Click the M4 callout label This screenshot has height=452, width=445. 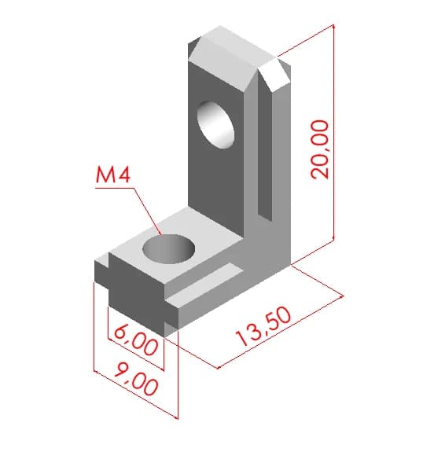113,175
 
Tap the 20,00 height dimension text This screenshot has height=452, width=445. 319,149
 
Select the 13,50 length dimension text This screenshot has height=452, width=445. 263,326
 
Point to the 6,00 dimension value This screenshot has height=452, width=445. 136,342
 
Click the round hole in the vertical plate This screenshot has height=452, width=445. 215,125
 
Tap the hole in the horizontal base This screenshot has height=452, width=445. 169,249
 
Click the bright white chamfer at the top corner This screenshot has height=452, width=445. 274,75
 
